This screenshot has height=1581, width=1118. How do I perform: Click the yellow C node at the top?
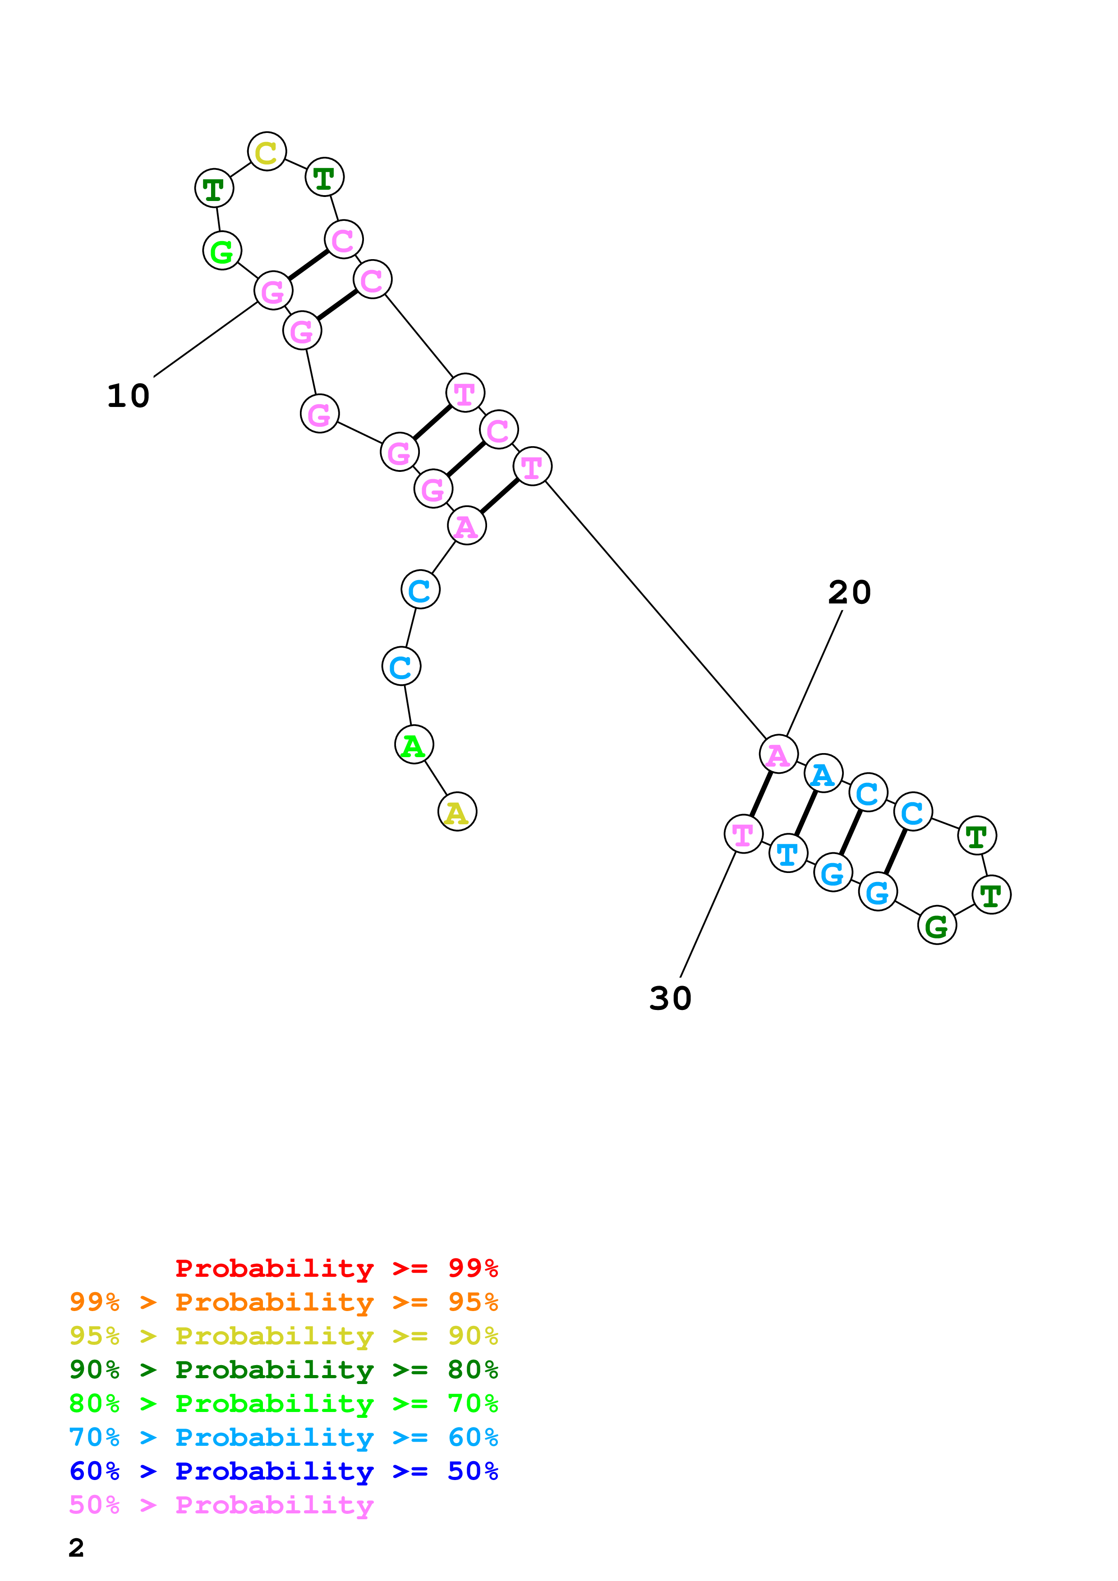pyautogui.click(x=267, y=151)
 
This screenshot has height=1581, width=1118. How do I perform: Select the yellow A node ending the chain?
pyautogui.click(x=457, y=812)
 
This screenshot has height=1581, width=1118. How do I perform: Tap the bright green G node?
pyautogui.click(x=222, y=251)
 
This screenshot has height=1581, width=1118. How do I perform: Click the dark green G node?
pyautogui.click(x=937, y=925)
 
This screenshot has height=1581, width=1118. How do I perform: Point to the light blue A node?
pyautogui.click(x=823, y=774)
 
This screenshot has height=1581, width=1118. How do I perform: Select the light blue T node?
pyautogui.click(x=787, y=853)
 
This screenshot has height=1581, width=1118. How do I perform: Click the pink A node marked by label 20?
pyautogui.click(x=778, y=755)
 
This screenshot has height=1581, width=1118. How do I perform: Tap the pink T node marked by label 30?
pyautogui.click(x=743, y=834)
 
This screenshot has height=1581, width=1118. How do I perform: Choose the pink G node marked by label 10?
pyautogui.click(x=273, y=291)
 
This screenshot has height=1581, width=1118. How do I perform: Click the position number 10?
pyautogui.click(x=128, y=396)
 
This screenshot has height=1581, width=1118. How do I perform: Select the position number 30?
pyautogui.click(x=670, y=998)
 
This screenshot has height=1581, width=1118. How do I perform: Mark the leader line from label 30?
pyautogui.click(x=708, y=916)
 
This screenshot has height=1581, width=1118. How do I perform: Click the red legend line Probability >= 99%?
pyautogui.click(x=336, y=1268)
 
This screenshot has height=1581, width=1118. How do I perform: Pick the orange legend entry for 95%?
pyautogui.click(x=283, y=1302)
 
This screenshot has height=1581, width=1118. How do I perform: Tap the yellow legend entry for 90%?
pyautogui.click(x=283, y=1336)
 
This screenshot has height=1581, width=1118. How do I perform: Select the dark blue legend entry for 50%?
pyautogui.click(x=283, y=1471)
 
